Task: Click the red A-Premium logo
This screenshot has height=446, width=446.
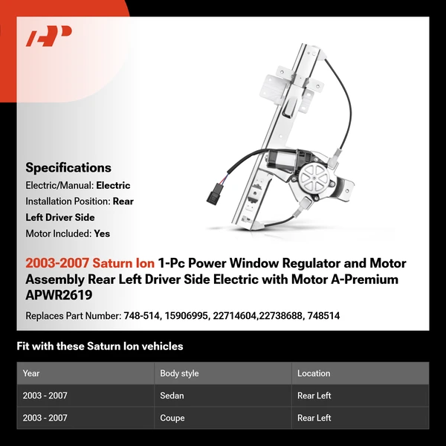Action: (x=48, y=36)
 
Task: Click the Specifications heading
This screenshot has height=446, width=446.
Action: (x=68, y=167)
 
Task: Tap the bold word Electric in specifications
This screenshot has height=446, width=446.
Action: (x=112, y=185)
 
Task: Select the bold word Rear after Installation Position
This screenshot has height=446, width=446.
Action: (x=123, y=201)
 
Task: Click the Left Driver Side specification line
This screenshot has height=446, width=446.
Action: (x=60, y=217)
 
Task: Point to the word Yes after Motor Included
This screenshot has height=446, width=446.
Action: (x=102, y=233)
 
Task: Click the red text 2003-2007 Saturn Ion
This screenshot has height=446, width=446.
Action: (x=89, y=264)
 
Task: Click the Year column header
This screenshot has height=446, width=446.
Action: (x=31, y=373)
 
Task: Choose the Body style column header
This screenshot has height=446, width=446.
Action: (x=179, y=373)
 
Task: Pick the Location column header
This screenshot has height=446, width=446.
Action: (x=314, y=373)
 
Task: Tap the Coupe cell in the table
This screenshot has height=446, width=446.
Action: (x=172, y=418)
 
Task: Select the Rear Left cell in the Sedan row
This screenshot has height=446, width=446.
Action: (x=314, y=395)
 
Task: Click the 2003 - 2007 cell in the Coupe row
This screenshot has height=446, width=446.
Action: (x=45, y=418)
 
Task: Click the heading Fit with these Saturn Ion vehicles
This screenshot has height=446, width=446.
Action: (x=100, y=346)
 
